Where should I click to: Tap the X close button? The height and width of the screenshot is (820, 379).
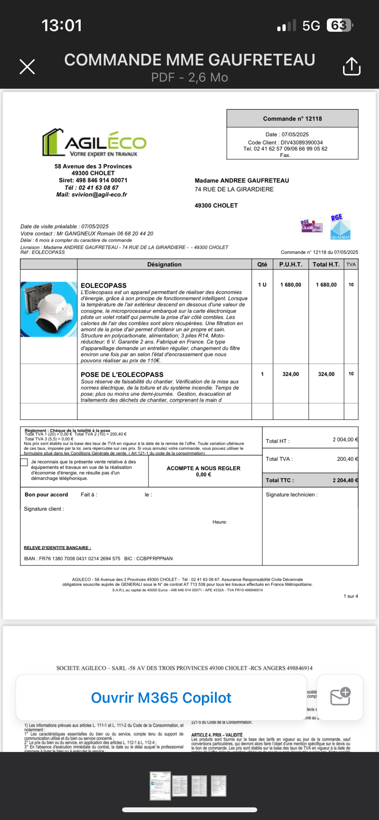coord(27,67)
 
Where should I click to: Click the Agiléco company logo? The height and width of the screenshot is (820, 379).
coord(94,143)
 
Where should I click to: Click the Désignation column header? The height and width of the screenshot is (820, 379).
coord(164,264)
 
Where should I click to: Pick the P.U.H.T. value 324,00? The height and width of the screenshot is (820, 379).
coord(291,374)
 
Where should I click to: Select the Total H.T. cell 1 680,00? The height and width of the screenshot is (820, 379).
coord(326,285)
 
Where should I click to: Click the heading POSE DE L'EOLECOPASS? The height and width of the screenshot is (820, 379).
coord(122,375)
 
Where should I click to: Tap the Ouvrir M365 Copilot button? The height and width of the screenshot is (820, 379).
coord(161,697)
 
